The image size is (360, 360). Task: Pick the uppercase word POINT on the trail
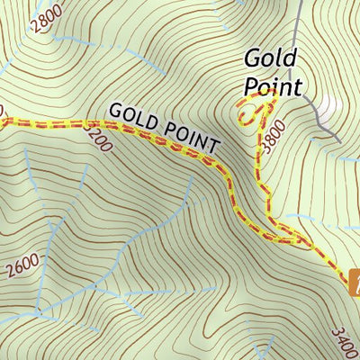(188, 137)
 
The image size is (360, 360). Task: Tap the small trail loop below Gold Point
(246, 113)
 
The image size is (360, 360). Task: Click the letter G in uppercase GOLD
(114, 109)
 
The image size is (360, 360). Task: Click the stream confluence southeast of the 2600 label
(40, 311)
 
